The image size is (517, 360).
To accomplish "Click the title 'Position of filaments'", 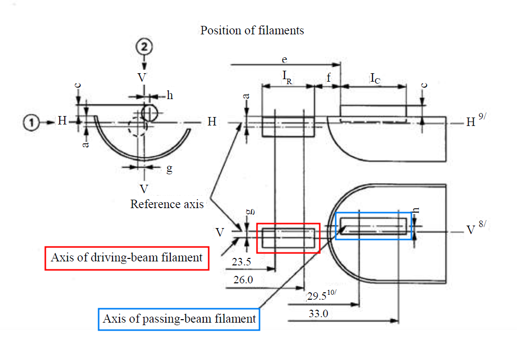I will (x=252, y=30).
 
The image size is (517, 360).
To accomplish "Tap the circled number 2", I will (x=144, y=48).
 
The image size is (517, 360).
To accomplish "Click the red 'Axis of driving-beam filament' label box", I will (x=127, y=258).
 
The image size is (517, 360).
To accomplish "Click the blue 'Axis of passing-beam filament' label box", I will (x=179, y=318).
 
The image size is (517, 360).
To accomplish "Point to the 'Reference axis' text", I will (x=167, y=204).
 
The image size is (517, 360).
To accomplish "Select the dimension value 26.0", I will (x=243, y=280).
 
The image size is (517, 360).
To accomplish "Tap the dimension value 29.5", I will (x=317, y=297).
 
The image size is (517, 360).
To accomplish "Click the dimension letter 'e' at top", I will (x=284, y=59).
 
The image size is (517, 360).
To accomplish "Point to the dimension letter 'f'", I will (x=328, y=78).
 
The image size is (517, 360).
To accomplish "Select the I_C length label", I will (x=376, y=78).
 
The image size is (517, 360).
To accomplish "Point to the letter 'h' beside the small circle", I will (x=169, y=96).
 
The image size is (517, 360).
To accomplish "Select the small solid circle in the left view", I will (x=149, y=113).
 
